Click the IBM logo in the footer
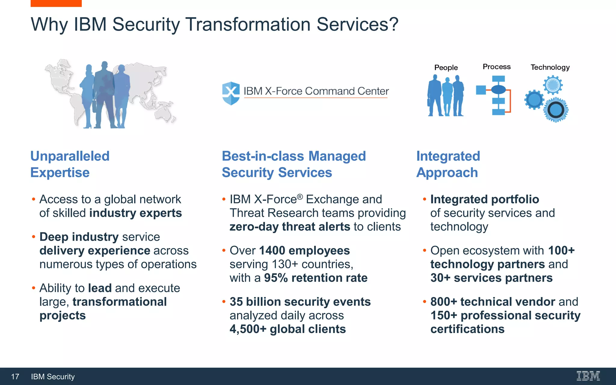(x=588, y=376)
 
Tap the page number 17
(x=15, y=377)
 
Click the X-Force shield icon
(x=231, y=93)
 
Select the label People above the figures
(x=446, y=68)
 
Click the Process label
(x=497, y=67)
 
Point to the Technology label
(x=550, y=67)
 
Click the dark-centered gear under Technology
(x=556, y=110)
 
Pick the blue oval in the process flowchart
(x=498, y=89)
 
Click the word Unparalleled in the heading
(x=70, y=156)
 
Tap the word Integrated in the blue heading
(x=448, y=156)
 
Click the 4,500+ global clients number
(x=248, y=329)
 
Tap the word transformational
(x=120, y=302)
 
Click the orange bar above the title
(x=56, y=3)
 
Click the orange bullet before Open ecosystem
(x=424, y=250)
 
